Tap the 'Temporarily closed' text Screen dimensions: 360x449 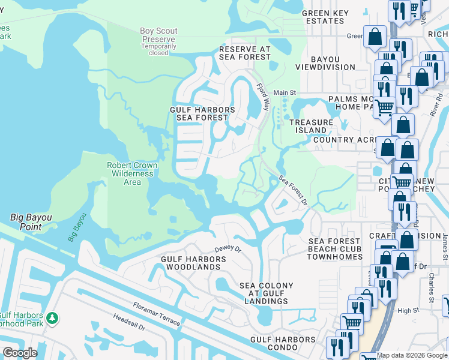tap(158, 49)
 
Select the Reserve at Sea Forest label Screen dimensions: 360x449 tap(245, 53)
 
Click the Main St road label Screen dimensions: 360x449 tap(285, 92)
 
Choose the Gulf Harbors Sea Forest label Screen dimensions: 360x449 tap(202, 114)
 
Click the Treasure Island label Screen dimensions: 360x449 tap(311, 127)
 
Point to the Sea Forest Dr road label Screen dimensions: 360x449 tap(293, 190)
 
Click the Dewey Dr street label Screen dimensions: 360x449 tap(228, 248)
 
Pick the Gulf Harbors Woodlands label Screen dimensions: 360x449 tap(193, 263)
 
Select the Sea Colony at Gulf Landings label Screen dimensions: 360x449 tap(267, 293)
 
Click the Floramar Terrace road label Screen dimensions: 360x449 tap(155, 317)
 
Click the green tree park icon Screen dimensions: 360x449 tap(52, 317)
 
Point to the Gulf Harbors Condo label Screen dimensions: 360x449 tap(283, 340)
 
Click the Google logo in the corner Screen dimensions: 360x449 tap(20, 353)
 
